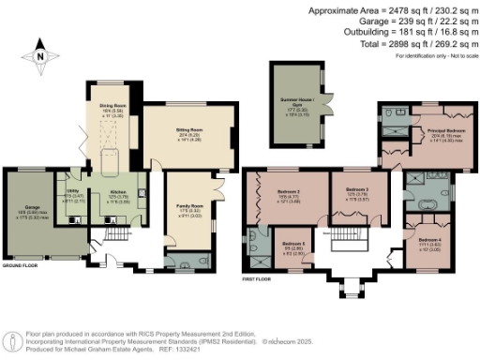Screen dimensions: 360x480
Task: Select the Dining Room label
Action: click(113, 108)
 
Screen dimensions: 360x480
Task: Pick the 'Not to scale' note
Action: click(456, 56)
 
